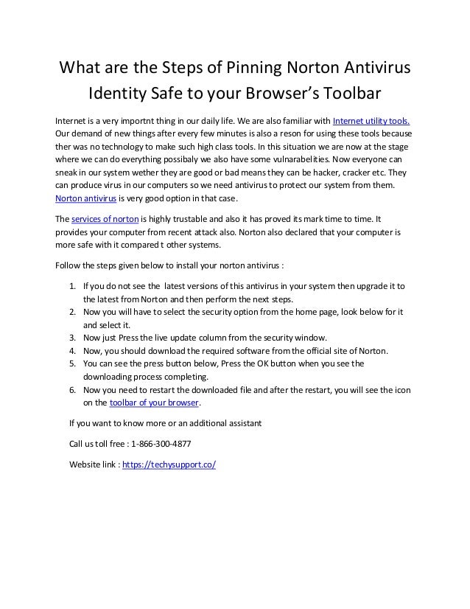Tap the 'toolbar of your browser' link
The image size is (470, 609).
click(x=154, y=403)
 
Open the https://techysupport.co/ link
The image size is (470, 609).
click(x=174, y=466)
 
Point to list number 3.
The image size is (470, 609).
click(x=72, y=338)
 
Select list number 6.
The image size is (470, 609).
click(x=72, y=391)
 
